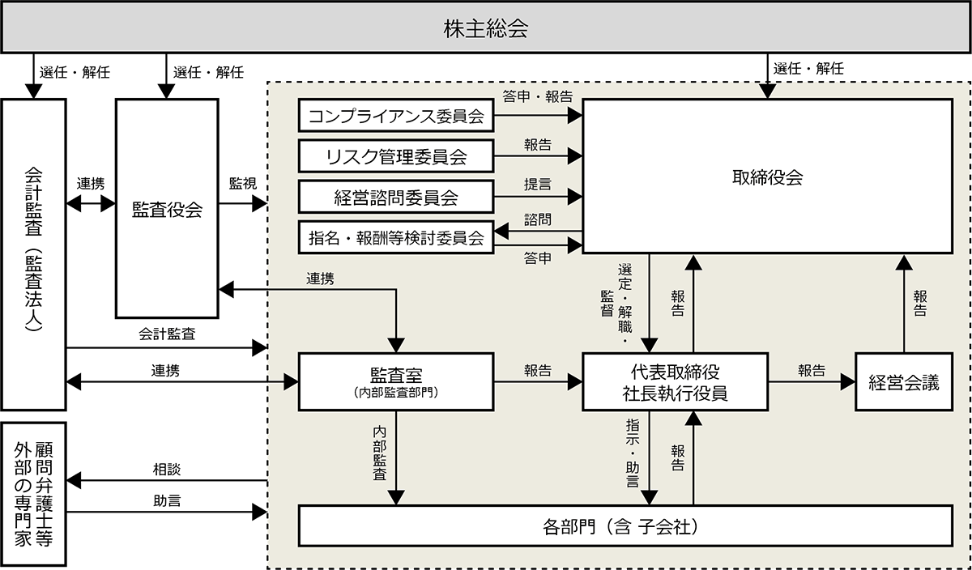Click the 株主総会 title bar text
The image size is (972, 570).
(486, 30)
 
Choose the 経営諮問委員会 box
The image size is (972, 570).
(396, 197)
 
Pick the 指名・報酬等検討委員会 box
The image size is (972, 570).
(396, 237)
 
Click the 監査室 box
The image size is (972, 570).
(396, 381)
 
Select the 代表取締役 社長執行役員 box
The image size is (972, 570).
(675, 381)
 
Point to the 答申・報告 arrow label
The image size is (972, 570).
(537, 96)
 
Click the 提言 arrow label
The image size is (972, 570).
(537, 185)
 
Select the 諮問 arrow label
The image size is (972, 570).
(537, 219)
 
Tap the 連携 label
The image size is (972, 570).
(320, 279)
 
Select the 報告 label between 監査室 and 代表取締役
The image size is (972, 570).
(537, 371)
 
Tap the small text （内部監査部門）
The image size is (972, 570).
(396, 393)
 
